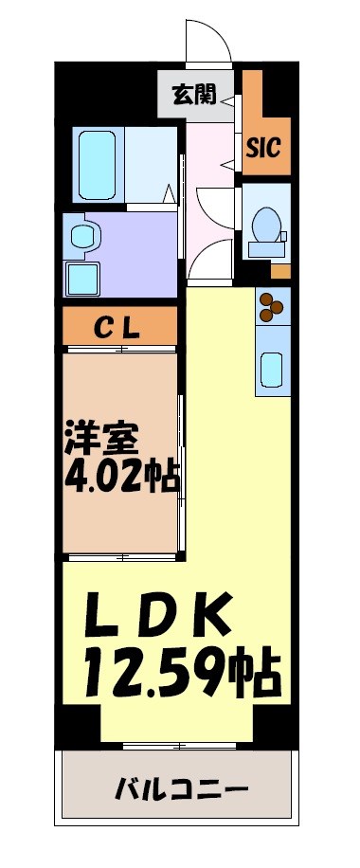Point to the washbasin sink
pyautogui.click(x=83, y=236)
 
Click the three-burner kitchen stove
pyautogui.click(x=271, y=305)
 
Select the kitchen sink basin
pyautogui.click(x=271, y=369)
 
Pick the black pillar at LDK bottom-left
pyautogui.click(x=81, y=725)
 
